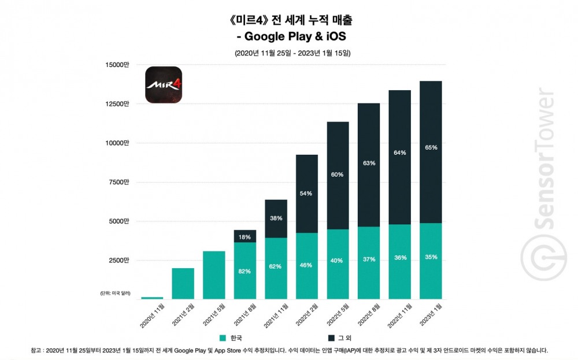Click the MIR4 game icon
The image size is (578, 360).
(163, 85)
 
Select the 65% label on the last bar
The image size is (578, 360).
(431, 148)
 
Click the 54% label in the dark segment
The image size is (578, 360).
(306, 194)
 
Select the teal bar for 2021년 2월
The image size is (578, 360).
(183, 284)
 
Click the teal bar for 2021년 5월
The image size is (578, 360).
(213, 275)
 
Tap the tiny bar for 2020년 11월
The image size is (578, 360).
(152, 298)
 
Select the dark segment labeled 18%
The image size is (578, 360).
(244, 236)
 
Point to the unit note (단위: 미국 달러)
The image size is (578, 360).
(114, 294)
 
